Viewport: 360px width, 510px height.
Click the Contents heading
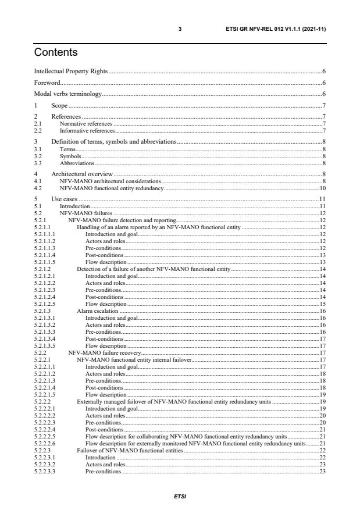click(x=56, y=53)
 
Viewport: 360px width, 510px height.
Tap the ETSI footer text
click(x=180, y=497)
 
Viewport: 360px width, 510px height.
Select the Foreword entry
click(x=48, y=83)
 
